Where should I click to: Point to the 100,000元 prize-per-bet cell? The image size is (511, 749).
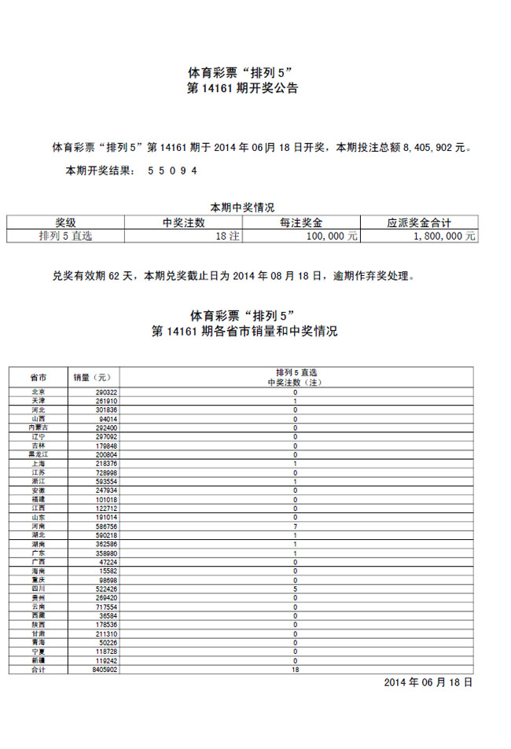333,235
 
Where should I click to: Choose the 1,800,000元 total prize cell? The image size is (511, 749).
448,235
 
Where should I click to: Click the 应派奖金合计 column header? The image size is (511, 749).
419,222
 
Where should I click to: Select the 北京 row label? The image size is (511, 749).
38,391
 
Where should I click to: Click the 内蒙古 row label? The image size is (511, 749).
38,428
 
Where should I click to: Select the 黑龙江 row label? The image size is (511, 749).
38,454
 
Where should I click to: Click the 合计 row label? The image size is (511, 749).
38,670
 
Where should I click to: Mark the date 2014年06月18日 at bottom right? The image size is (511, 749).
428,682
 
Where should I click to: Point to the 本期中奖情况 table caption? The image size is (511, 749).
241,207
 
